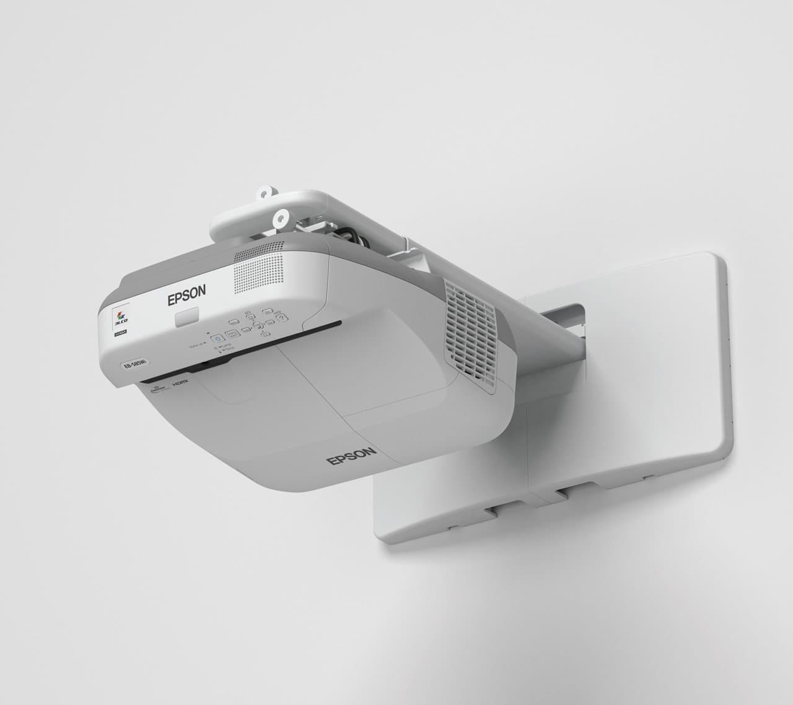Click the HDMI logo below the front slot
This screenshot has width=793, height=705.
tap(179, 383)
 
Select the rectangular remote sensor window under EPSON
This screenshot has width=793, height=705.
tap(187, 318)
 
